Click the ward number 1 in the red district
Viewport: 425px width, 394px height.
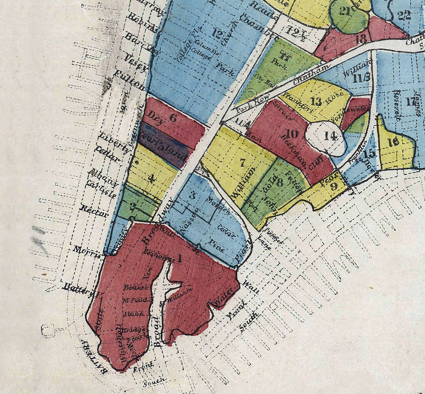(180, 259)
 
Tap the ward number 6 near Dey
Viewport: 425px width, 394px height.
(173, 117)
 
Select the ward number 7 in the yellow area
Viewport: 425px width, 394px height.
(242, 162)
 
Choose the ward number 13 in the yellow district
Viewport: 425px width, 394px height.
(316, 102)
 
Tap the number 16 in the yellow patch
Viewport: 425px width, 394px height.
(393, 142)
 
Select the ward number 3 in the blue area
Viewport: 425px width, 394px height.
(192, 195)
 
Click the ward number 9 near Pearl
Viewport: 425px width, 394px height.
(334, 186)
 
